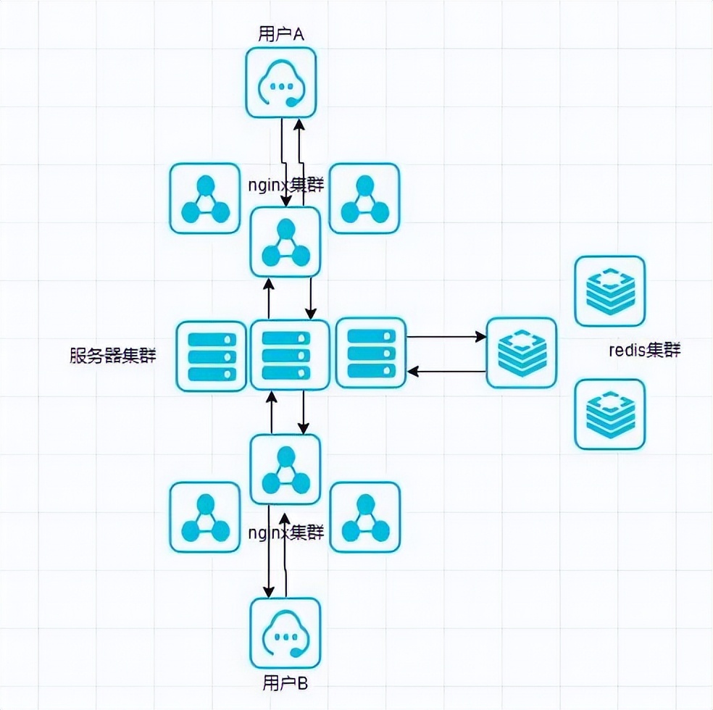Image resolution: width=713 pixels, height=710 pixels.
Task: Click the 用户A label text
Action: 281,34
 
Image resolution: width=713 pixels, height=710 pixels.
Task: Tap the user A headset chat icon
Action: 281,83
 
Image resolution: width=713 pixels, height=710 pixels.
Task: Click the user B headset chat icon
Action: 285,633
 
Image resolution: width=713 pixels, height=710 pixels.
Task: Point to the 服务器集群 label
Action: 112,356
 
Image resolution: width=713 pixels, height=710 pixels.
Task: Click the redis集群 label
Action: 644,351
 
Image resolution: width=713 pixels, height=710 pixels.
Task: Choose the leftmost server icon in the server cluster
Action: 212,356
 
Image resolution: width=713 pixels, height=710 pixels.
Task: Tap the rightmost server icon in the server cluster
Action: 371,353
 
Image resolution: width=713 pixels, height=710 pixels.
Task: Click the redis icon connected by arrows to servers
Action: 521,352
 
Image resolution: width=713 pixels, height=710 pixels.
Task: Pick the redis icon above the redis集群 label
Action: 609,291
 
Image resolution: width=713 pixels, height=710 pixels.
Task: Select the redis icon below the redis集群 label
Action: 609,414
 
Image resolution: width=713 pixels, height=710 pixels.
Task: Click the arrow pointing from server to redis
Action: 446,337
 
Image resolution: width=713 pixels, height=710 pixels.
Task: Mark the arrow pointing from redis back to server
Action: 446,371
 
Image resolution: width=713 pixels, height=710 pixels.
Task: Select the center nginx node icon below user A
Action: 285,242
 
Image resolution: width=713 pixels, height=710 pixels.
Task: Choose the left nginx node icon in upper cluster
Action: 204,199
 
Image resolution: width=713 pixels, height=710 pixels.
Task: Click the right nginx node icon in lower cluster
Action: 364,517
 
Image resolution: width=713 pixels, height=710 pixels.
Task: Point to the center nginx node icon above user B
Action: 285,469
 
